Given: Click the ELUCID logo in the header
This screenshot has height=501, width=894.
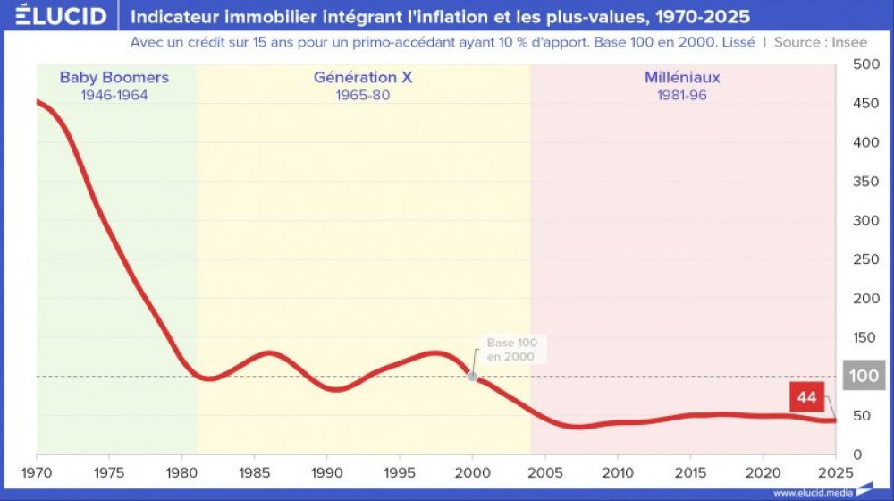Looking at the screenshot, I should click(61, 16).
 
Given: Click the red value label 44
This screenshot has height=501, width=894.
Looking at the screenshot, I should click(806, 397).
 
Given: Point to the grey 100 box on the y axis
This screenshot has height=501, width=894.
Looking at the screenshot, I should click(864, 376).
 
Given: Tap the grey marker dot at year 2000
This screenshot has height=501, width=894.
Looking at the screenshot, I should click(472, 376).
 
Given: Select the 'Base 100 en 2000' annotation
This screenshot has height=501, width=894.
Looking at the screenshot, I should click(511, 350).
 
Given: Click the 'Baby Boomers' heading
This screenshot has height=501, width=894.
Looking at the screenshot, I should click(114, 78).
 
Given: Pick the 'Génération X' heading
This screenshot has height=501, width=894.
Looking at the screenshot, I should click(363, 78).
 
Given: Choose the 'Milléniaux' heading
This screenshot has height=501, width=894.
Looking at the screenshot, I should click(682, 78).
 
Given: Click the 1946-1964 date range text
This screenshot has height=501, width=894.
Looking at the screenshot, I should click(114, 95).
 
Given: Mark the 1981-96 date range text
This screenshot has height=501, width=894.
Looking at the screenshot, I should click(682, 95).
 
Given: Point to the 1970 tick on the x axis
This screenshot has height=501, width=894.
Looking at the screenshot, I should click(37, 472).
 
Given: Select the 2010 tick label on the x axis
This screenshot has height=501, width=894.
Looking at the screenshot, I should click(618, 472).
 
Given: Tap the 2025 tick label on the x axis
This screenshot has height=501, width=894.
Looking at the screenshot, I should click(836, 472).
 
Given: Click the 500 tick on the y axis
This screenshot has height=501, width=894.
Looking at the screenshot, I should click(865, 64).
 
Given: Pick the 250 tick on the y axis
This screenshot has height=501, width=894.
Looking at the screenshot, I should click(865, 259).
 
